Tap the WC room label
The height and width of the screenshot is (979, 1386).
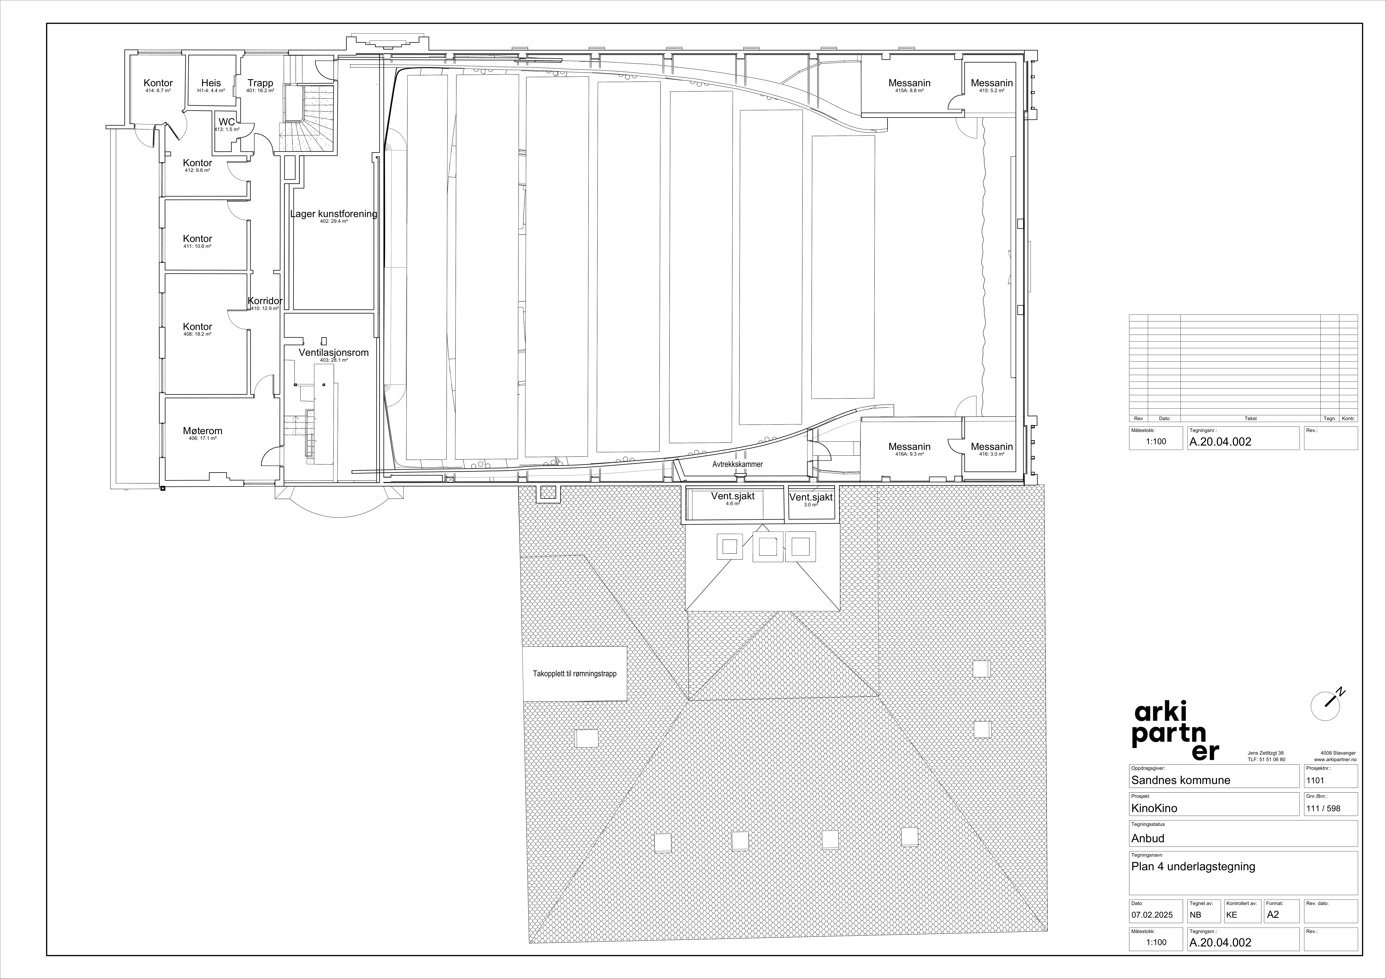[227, 122]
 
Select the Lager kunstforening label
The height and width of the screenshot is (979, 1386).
[334, 214]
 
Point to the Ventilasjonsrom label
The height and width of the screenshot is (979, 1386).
[334, 352]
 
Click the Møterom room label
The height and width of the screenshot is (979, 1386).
[203, 431]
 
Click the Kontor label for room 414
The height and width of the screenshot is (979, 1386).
[158, 83]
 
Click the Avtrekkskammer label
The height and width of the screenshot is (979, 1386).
[738, 465]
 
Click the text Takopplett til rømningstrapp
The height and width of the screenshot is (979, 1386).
[575, 674]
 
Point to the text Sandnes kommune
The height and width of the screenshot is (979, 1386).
[1180, 780]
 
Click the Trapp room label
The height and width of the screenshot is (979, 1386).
[260, 83]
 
